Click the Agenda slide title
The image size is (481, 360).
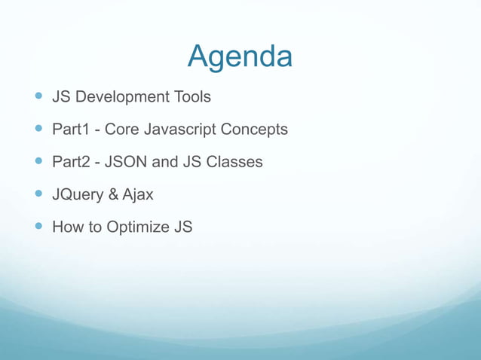click(240, 56)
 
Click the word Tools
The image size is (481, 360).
click(190, 97)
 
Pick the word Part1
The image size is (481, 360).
click(72, 130)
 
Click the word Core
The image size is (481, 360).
click(122, 130)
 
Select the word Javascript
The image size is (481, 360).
click(180, 130)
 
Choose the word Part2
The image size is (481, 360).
click(72, 162)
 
